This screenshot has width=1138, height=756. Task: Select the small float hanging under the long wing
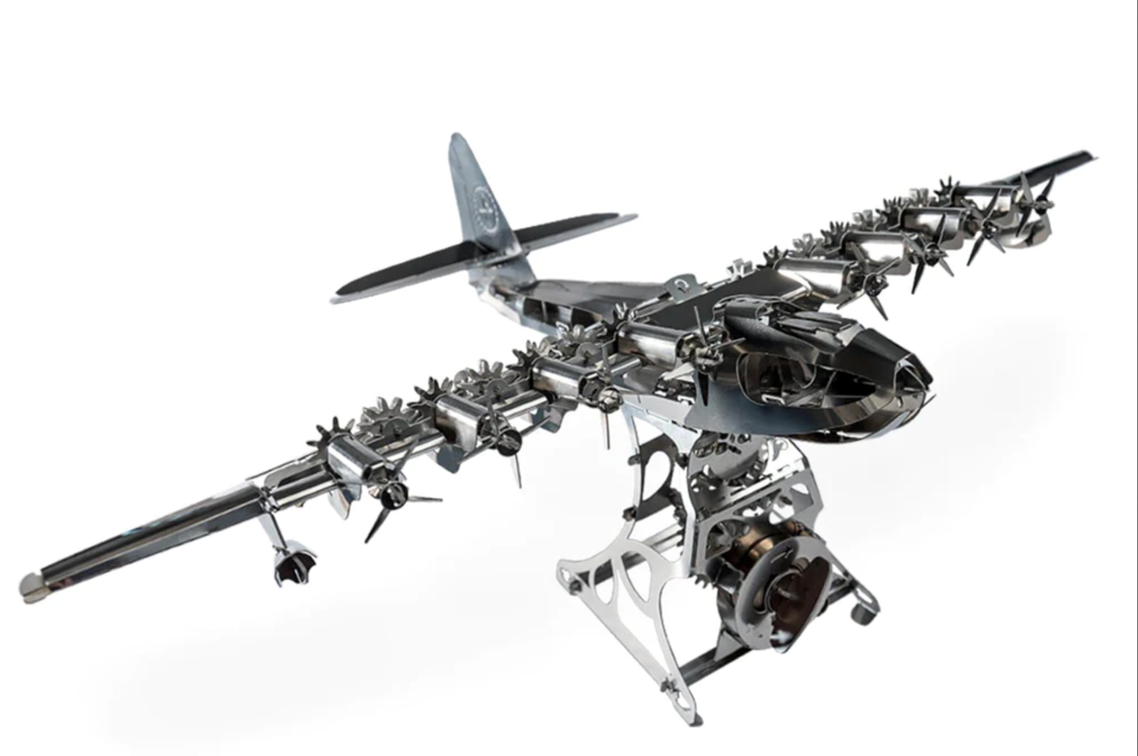pyautogui.click(x=294, y=564)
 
